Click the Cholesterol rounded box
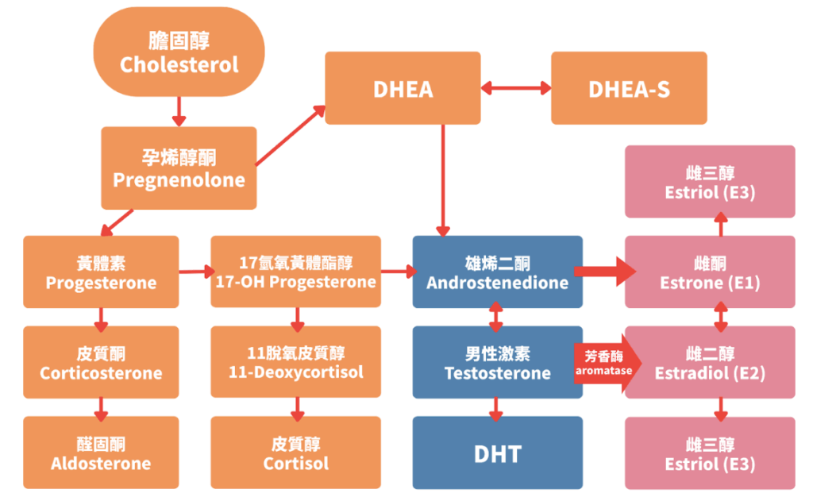(179, 52)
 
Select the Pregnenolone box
(179, 168)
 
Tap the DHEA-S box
(629, 88)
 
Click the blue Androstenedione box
(497, 272)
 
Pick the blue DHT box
(497, 453)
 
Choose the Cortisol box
(295, 453)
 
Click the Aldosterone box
(101, 453)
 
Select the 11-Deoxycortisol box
(295, 362)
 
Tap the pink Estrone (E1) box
(710, 272)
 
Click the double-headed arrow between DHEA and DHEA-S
(515, 88)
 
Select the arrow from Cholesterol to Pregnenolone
(179, 112)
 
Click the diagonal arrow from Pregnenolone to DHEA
(291, 136)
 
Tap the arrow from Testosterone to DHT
(497, 407)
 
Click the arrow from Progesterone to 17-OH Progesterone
(195, 272)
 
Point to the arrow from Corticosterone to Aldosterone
(101, 407)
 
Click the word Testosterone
(497, 373)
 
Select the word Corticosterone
(101, 373)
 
